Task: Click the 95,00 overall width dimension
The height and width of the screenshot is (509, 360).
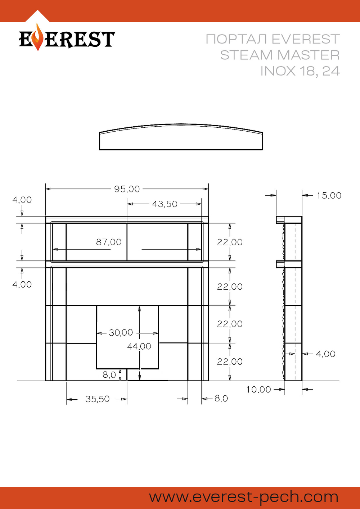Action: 127,189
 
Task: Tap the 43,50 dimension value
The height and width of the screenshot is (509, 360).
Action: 165,204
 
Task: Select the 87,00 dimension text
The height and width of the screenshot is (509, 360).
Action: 109,242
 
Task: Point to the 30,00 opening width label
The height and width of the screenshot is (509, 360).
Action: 121,333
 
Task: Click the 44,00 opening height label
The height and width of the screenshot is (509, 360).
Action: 139,346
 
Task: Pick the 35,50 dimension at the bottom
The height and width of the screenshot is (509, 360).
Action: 97,399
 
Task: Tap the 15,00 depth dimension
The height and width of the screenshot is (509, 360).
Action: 329,195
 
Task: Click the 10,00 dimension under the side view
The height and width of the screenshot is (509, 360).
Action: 258,390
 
